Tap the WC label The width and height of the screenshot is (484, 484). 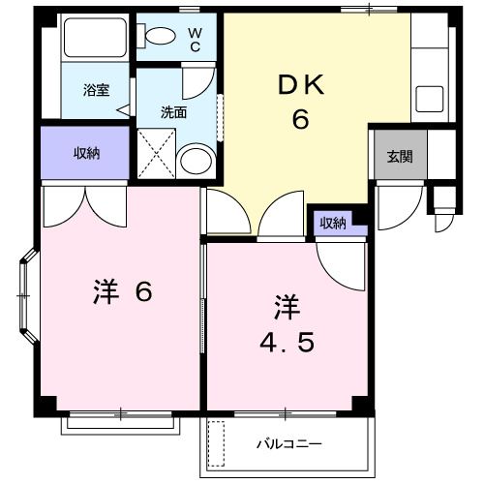coord(194,39)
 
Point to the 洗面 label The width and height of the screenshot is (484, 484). coord(174,111)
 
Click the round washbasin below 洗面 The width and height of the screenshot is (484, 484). coord(197,161)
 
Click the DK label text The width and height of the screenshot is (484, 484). coord(301,84)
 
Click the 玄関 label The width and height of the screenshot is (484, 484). coord(400,156)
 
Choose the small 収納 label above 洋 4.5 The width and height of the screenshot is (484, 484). coord(333,224)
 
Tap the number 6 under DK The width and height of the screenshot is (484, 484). coord(301,121)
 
